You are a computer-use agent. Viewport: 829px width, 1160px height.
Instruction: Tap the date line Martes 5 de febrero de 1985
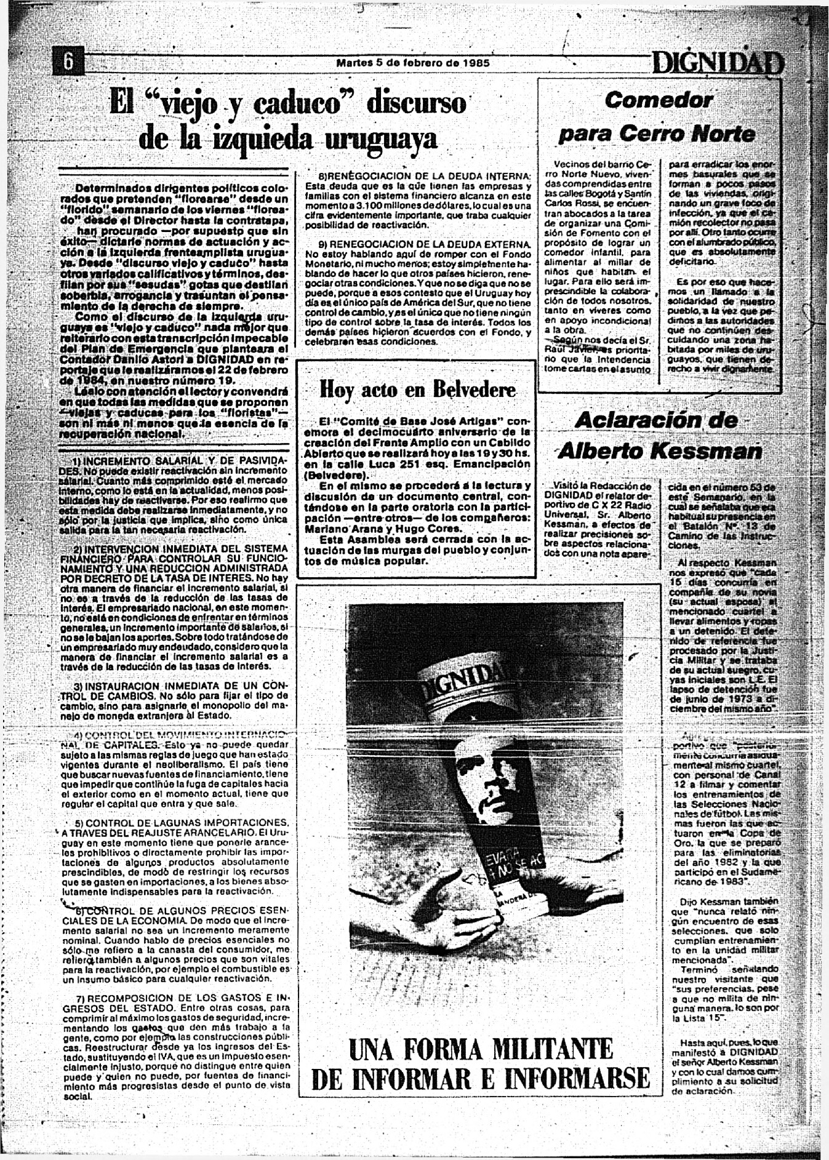click(x=413, y=63)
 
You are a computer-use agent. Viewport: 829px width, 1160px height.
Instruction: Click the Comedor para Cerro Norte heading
click(x=657, y=117)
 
